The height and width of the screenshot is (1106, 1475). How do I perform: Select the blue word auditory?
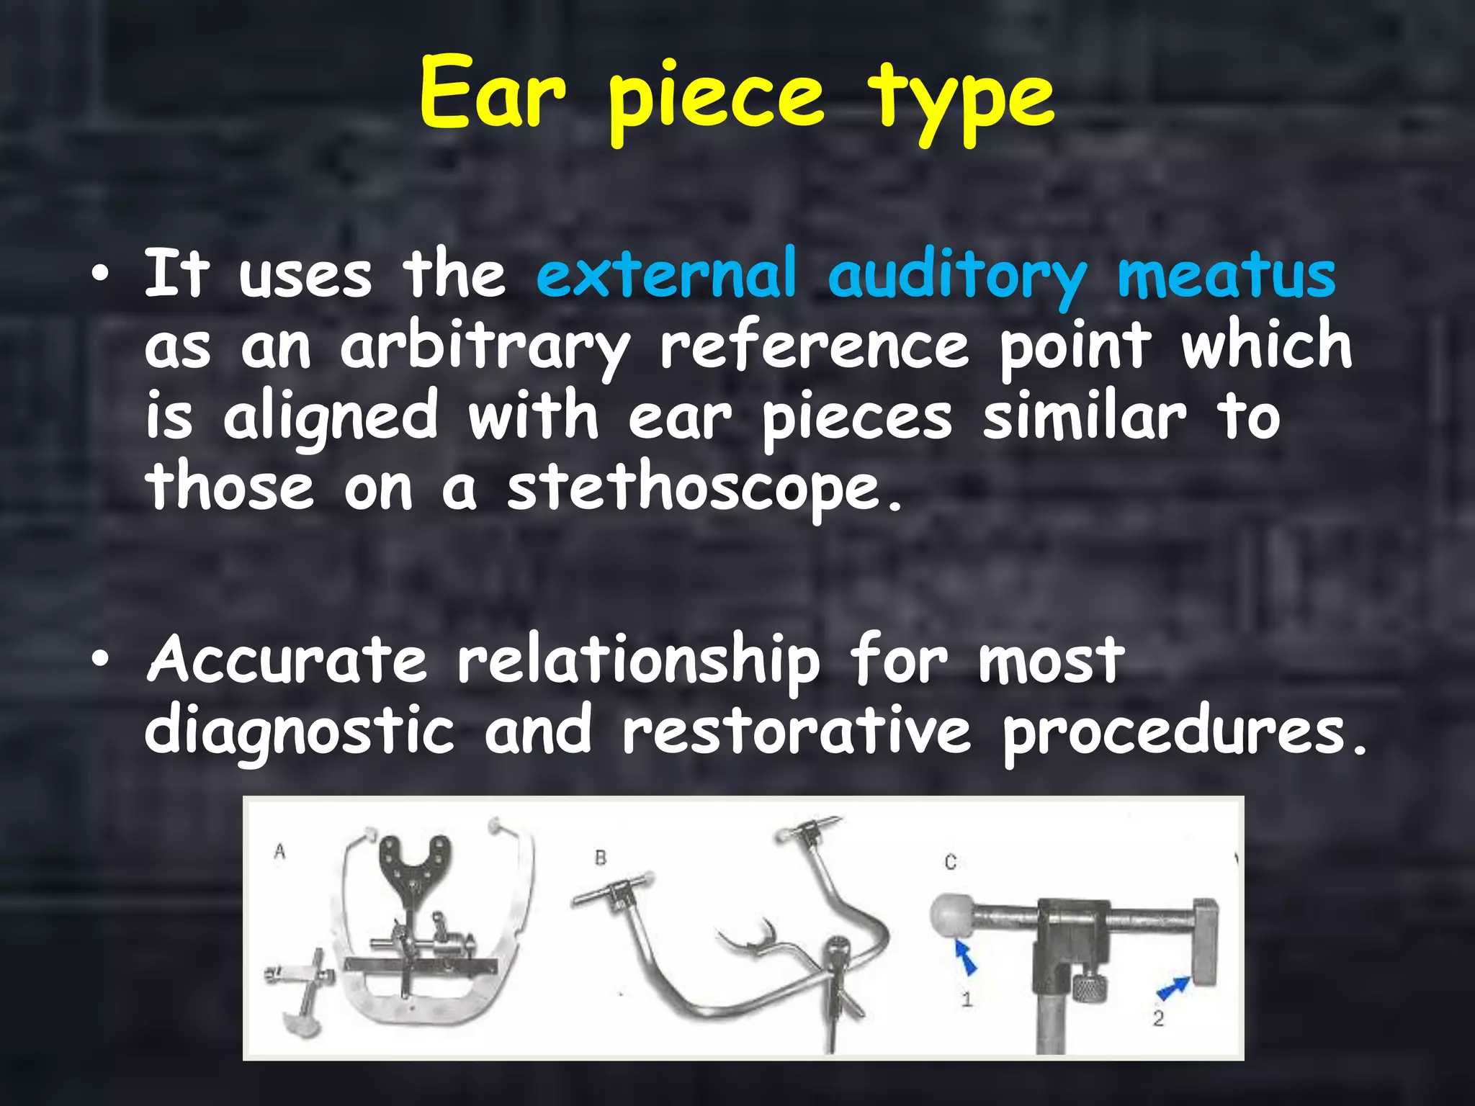pyautogui.click(x=957, y=277)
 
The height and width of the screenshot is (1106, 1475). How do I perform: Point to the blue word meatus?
pyautogui.click(x=1226, y=276)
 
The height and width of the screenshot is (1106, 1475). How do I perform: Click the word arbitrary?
pyautogui.click(x=485, y=348)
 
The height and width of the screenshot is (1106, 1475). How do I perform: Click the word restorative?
pyautogui.click(x=797, y=731)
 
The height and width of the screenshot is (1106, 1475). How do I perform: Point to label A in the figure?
pyautogui.click(x=280, y=852)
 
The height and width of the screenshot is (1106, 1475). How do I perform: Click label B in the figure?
pyautogui.click(x=601, y=858)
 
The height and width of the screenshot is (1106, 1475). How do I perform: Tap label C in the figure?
pyautogui.click(x=950, y=862)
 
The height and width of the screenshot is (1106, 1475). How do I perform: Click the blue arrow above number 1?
pyautogui.click(x=966, y=958)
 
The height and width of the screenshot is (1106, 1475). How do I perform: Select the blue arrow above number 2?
pyautogui.click(x=1173, y=986)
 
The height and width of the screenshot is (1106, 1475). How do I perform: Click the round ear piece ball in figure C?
pyautogui.click(x=951, y=917)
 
